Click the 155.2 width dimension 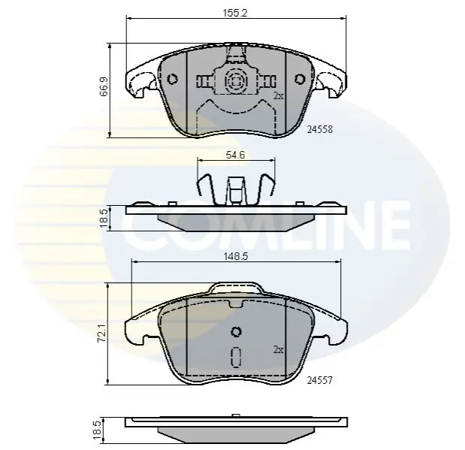pyautogui.click(x=235, y=14)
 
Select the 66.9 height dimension pyautogui.click(x=104, y=86)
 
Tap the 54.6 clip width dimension pyautogui.click(x=235, y=155)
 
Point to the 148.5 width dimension pyautogui.click(x=236, y=256)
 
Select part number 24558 pyautogui.click(x=320, y=129)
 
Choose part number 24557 pyautogui.click(x=320, y=380)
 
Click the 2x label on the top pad pyautogui.click(x=278, y=96)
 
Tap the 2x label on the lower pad pyautogui.click(x=278, y=350)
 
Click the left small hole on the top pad pyautogui.click(x=172, y=79)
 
